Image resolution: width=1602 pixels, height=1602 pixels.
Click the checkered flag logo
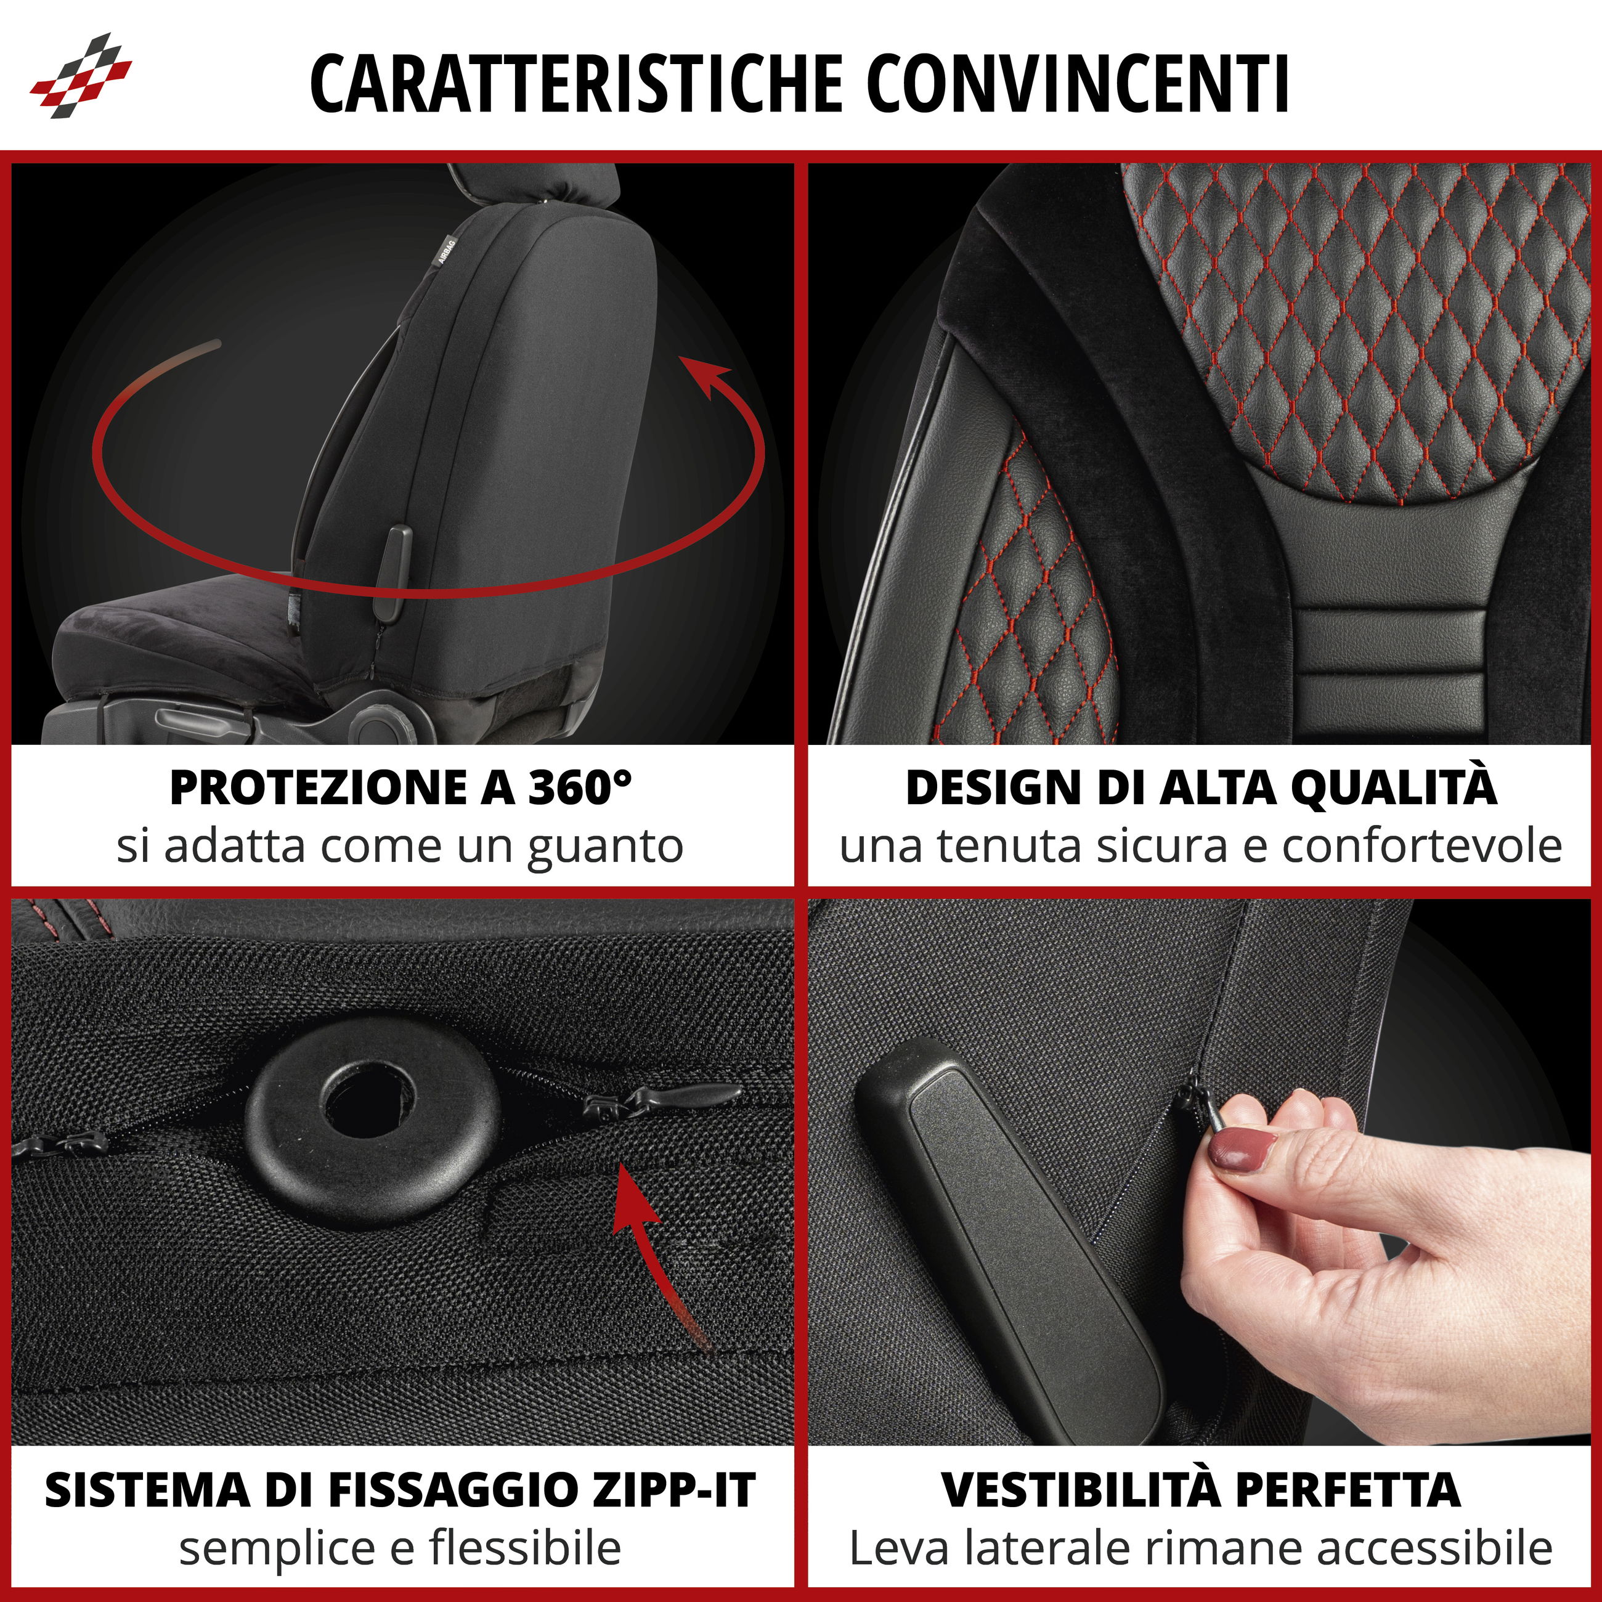coord(81,75)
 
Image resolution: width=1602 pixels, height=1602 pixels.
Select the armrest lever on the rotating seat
coord(395,572)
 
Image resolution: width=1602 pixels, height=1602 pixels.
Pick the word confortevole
coord(1422,846)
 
